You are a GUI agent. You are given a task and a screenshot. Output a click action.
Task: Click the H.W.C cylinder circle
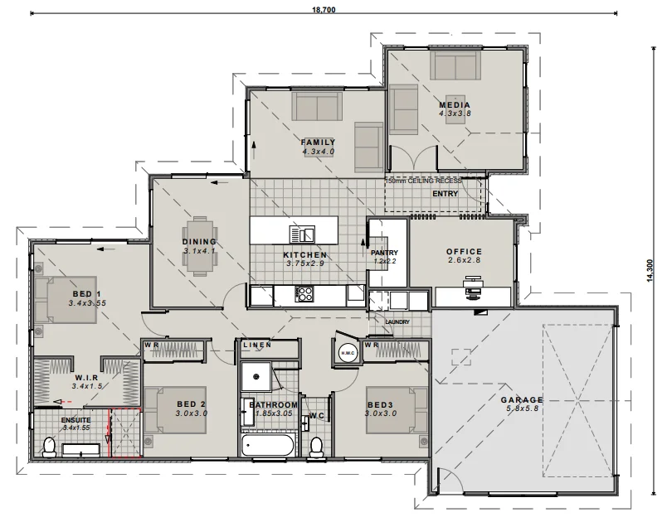point(348,353)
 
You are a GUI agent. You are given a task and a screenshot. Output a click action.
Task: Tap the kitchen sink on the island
point(302,234)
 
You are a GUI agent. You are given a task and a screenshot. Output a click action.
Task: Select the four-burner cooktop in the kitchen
point(304,294)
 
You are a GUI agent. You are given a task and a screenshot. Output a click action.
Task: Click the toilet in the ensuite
point(49,447)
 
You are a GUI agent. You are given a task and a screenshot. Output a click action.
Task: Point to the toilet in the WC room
point(316,447)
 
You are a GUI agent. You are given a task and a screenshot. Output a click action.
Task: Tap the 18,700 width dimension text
point(324,10)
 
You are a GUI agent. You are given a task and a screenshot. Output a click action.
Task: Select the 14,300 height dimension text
point(650,270)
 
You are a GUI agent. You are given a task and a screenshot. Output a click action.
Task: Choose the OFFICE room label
point(464,251)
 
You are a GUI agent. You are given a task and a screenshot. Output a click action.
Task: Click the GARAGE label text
point(522,399)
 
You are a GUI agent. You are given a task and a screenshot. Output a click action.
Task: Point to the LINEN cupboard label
point(257,345)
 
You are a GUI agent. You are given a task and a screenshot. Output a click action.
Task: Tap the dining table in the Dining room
point(199,246)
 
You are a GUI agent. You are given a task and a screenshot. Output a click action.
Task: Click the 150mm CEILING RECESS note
point(423,181)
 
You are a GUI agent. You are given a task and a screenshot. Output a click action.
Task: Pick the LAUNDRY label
point(397,322)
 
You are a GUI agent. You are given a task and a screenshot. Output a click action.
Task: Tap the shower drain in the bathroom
point(256,376)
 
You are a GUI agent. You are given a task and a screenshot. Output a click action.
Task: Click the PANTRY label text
point(385,253)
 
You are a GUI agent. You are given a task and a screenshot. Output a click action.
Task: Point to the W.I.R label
point(87,378)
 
